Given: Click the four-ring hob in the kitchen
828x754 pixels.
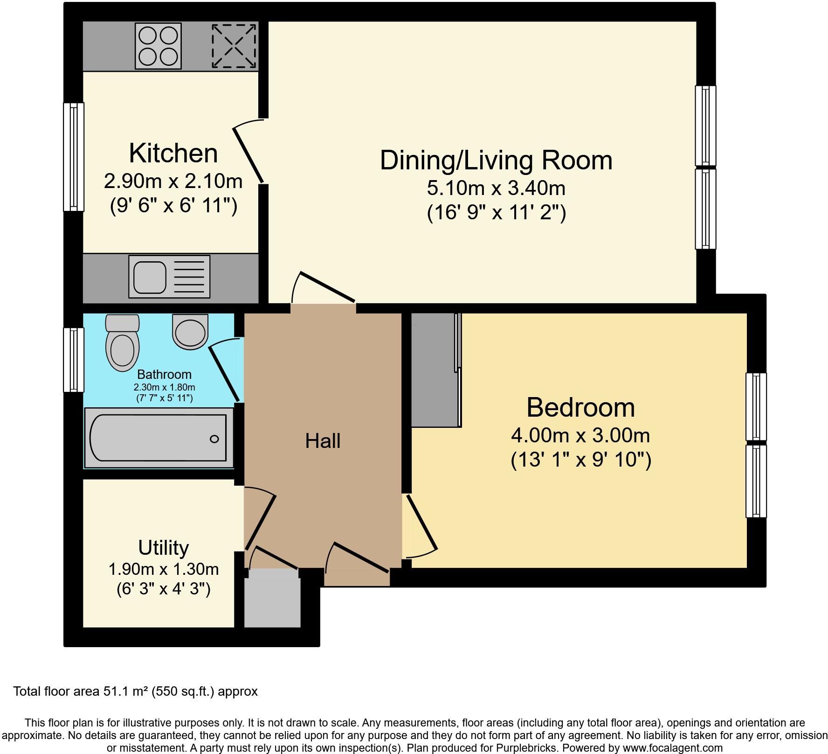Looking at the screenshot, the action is [158, 46].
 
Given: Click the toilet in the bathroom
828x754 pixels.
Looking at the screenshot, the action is [123, 342].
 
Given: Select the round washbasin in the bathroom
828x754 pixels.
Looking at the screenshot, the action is [190, 331].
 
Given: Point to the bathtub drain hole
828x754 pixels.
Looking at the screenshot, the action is [214, 439].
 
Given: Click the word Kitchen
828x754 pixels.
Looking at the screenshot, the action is [173, 153].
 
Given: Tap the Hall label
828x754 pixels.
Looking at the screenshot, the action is [323, 441].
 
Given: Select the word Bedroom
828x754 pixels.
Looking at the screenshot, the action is [580, 407].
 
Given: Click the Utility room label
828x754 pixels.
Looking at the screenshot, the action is [163, 548].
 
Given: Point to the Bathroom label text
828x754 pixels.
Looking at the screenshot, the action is [164, 374].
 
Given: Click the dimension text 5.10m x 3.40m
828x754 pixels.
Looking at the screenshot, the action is [496, 188].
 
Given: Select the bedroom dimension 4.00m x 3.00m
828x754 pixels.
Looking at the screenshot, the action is [580, 435].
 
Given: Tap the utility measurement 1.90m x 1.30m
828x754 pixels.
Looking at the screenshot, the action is [163, 569].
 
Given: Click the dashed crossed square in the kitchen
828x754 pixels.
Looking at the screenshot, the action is [234, 46].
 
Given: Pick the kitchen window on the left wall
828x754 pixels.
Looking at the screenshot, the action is [74, 157].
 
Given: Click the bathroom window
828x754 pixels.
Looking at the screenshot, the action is [74, 360].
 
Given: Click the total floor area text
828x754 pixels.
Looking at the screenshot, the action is [136, 691].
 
